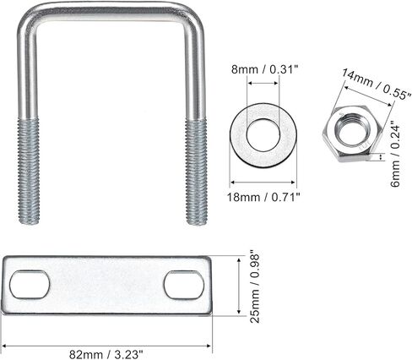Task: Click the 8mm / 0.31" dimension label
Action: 264,69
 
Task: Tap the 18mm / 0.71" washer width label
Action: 263,197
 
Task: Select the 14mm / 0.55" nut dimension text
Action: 376,85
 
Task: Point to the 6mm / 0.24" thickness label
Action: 395,152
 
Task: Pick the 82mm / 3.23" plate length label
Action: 106,354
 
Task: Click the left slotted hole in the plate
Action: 30,285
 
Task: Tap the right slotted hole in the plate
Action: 184,285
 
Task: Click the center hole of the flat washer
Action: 263,135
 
